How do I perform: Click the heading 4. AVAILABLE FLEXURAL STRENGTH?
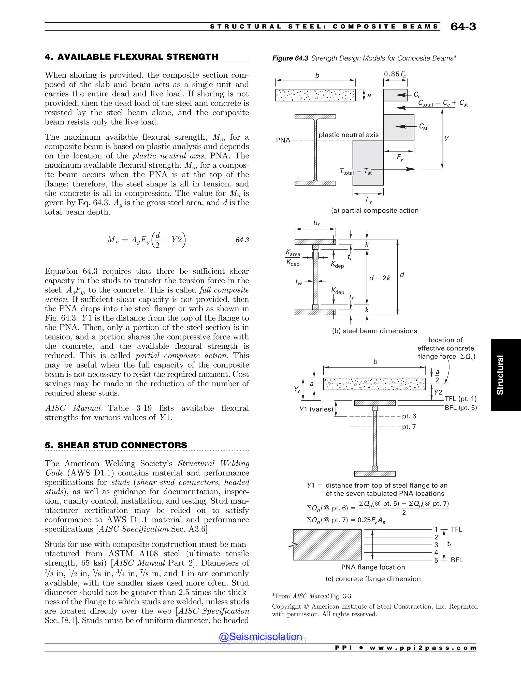[x=132, y=57]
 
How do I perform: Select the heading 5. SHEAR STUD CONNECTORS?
[x=116, y=445]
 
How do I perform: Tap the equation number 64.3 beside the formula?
[x=242, y=240]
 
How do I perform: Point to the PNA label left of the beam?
[x=283, y=140]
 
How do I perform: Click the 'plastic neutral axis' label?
[x=349, y=135]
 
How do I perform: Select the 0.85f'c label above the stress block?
[x=395, y=74]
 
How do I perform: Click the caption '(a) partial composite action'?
[x=375, y=211]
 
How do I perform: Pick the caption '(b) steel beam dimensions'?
[x=374, y=331]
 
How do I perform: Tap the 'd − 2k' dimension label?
[x=380, y=278]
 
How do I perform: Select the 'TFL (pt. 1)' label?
[x=460, y=399]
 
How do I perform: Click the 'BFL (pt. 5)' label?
[x=460, y=408]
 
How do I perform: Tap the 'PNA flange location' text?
[x=373, y=567]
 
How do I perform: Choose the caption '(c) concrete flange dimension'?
[x=373, y=579]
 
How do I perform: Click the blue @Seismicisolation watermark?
[x=260, y=637]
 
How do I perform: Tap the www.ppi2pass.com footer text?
[x=423, y=648]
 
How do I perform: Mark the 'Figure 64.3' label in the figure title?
[x=290, y=58]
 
